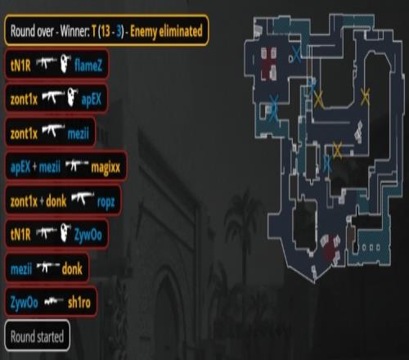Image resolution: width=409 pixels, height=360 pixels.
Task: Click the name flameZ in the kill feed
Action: [88, 65]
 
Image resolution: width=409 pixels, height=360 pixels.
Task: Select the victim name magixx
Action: [106, 167]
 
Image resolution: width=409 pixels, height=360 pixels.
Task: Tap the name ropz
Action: [106, 202]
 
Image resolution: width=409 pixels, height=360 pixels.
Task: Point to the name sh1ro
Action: [79, 302]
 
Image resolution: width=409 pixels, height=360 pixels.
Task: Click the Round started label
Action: [37, 336]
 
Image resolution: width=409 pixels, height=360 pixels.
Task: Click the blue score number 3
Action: [119, 32]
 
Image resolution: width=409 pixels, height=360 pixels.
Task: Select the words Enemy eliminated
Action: [166, 31]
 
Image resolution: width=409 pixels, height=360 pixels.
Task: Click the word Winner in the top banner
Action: [74, 31]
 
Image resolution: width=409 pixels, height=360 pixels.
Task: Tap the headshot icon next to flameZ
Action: [65, 63]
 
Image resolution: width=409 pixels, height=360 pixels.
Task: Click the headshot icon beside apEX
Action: [72, 97]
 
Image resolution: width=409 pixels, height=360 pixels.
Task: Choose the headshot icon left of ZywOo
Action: [65, 232]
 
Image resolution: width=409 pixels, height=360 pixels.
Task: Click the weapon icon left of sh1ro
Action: [53, 301]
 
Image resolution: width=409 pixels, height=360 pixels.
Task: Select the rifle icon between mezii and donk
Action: [47, 267]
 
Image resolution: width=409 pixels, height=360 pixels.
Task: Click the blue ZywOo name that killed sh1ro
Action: [24, 303]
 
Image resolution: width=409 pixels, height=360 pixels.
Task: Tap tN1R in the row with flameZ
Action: [20, 65]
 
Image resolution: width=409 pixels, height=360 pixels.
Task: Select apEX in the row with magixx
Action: [20, 168]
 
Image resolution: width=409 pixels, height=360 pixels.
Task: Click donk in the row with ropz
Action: [56, 201]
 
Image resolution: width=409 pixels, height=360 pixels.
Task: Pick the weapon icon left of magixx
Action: [77, 164]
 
